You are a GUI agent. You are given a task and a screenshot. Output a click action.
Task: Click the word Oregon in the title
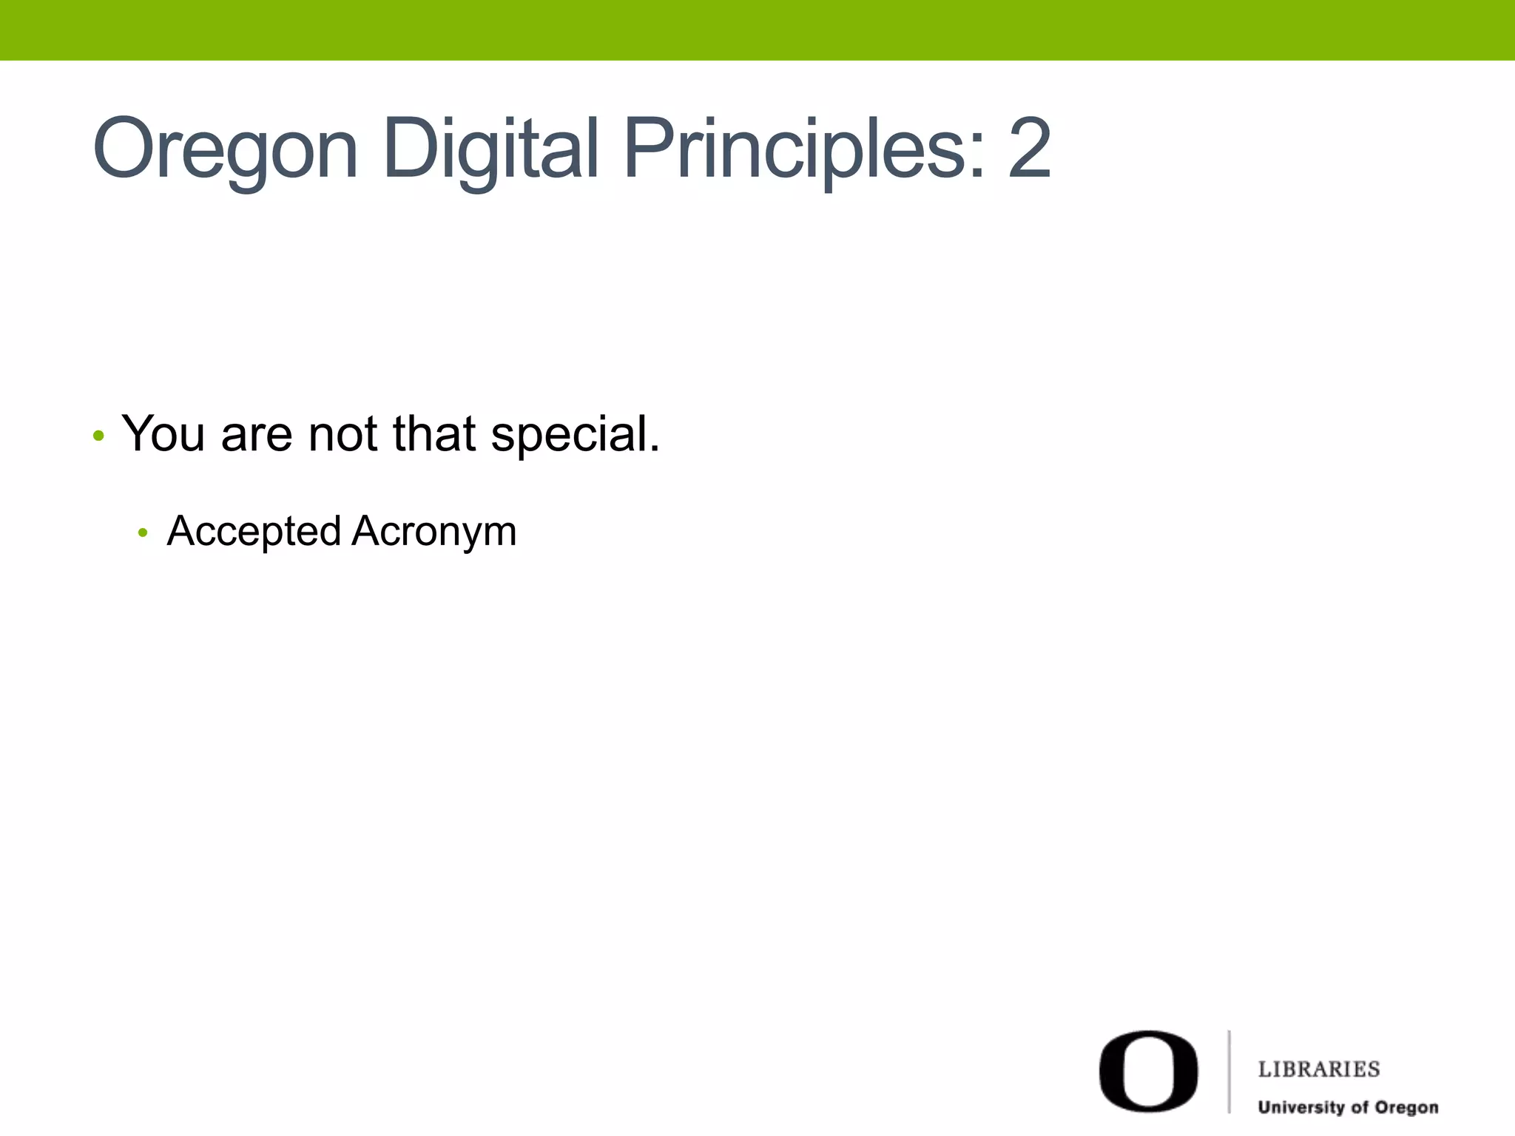[225, 150]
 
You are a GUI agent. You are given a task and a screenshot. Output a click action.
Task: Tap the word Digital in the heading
[490, 150]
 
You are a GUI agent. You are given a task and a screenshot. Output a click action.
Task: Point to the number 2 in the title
[1028, 150]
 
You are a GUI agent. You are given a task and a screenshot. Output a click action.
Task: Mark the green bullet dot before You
[98, 436]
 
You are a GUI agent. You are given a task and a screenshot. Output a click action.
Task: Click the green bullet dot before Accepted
[143, 532]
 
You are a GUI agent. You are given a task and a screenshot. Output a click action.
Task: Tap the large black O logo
[1148, 1071]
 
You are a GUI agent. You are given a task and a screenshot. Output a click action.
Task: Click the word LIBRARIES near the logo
[1319, 1069]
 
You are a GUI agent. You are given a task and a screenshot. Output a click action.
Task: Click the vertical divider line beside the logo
[1229, 1071]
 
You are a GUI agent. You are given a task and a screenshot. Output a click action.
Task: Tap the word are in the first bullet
[256, 435]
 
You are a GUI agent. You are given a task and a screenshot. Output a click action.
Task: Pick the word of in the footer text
[1359, 1108]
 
